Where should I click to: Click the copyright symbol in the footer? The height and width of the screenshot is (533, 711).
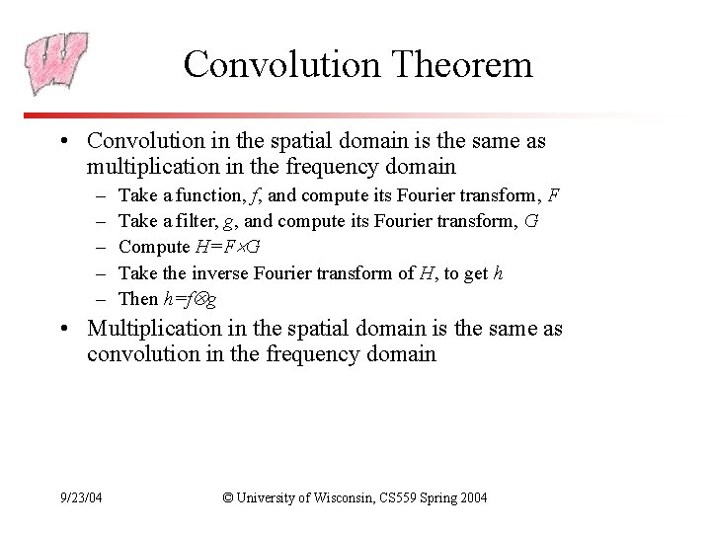pyautogui.click(x=229, y=498)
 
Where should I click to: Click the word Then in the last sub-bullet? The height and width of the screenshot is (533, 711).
pyautogui.click(x=136, y=298)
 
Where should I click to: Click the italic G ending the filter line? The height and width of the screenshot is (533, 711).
pyautogui.click(x=533, y=221)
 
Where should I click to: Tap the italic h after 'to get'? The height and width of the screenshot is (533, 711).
pyautogui.click(x=499, y=272)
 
